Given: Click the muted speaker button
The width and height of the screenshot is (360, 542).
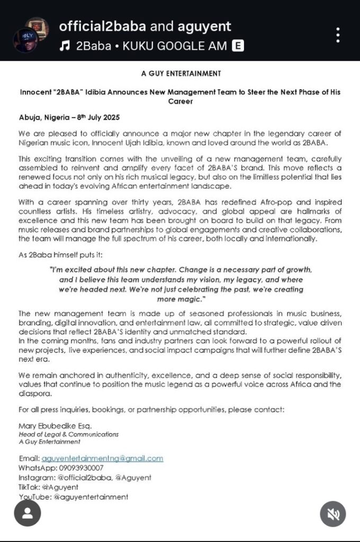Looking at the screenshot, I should [x=332, y=513].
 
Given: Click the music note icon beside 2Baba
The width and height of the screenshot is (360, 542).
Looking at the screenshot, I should [x=65, y=46].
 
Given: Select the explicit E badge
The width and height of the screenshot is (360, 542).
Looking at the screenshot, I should [x=238, y=46].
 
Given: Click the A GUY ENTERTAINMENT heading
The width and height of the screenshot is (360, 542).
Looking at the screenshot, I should [x=181, y=74].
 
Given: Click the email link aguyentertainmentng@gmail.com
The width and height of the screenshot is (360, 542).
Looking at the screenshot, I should [x=102, y=458].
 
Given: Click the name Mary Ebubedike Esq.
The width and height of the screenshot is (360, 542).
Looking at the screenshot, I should [x=55, y=426].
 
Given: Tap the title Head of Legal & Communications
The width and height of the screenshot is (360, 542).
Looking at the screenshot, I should [x=68, y=434].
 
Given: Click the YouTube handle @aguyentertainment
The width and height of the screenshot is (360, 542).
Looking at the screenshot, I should [x=91, y=496].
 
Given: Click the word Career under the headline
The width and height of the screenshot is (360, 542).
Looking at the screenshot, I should [x=180, y=101].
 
